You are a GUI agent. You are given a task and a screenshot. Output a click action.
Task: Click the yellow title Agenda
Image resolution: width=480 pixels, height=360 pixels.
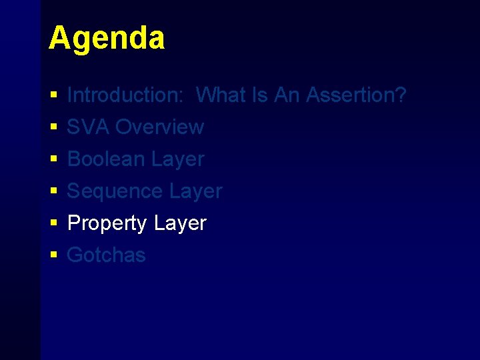[x=106, y=39]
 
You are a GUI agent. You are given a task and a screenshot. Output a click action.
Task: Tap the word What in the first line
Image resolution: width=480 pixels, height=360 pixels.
[x=222, y=95]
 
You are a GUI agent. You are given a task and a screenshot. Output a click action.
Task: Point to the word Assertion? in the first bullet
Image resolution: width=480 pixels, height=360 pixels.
[x=356, y=95]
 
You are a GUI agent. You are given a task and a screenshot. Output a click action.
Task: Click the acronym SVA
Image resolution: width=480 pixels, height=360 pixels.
[x=89, y=127]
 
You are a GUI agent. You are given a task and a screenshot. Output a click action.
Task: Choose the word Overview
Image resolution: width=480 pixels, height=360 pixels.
[x=160, y=127]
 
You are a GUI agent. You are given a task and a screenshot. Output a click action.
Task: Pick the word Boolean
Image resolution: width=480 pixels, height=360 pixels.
[x=107, y=159]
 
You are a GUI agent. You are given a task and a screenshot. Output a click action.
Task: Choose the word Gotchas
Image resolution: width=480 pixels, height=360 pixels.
[x=107, y=255]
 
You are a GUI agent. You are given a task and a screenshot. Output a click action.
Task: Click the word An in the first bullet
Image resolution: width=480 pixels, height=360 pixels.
[x=287, y=95]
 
